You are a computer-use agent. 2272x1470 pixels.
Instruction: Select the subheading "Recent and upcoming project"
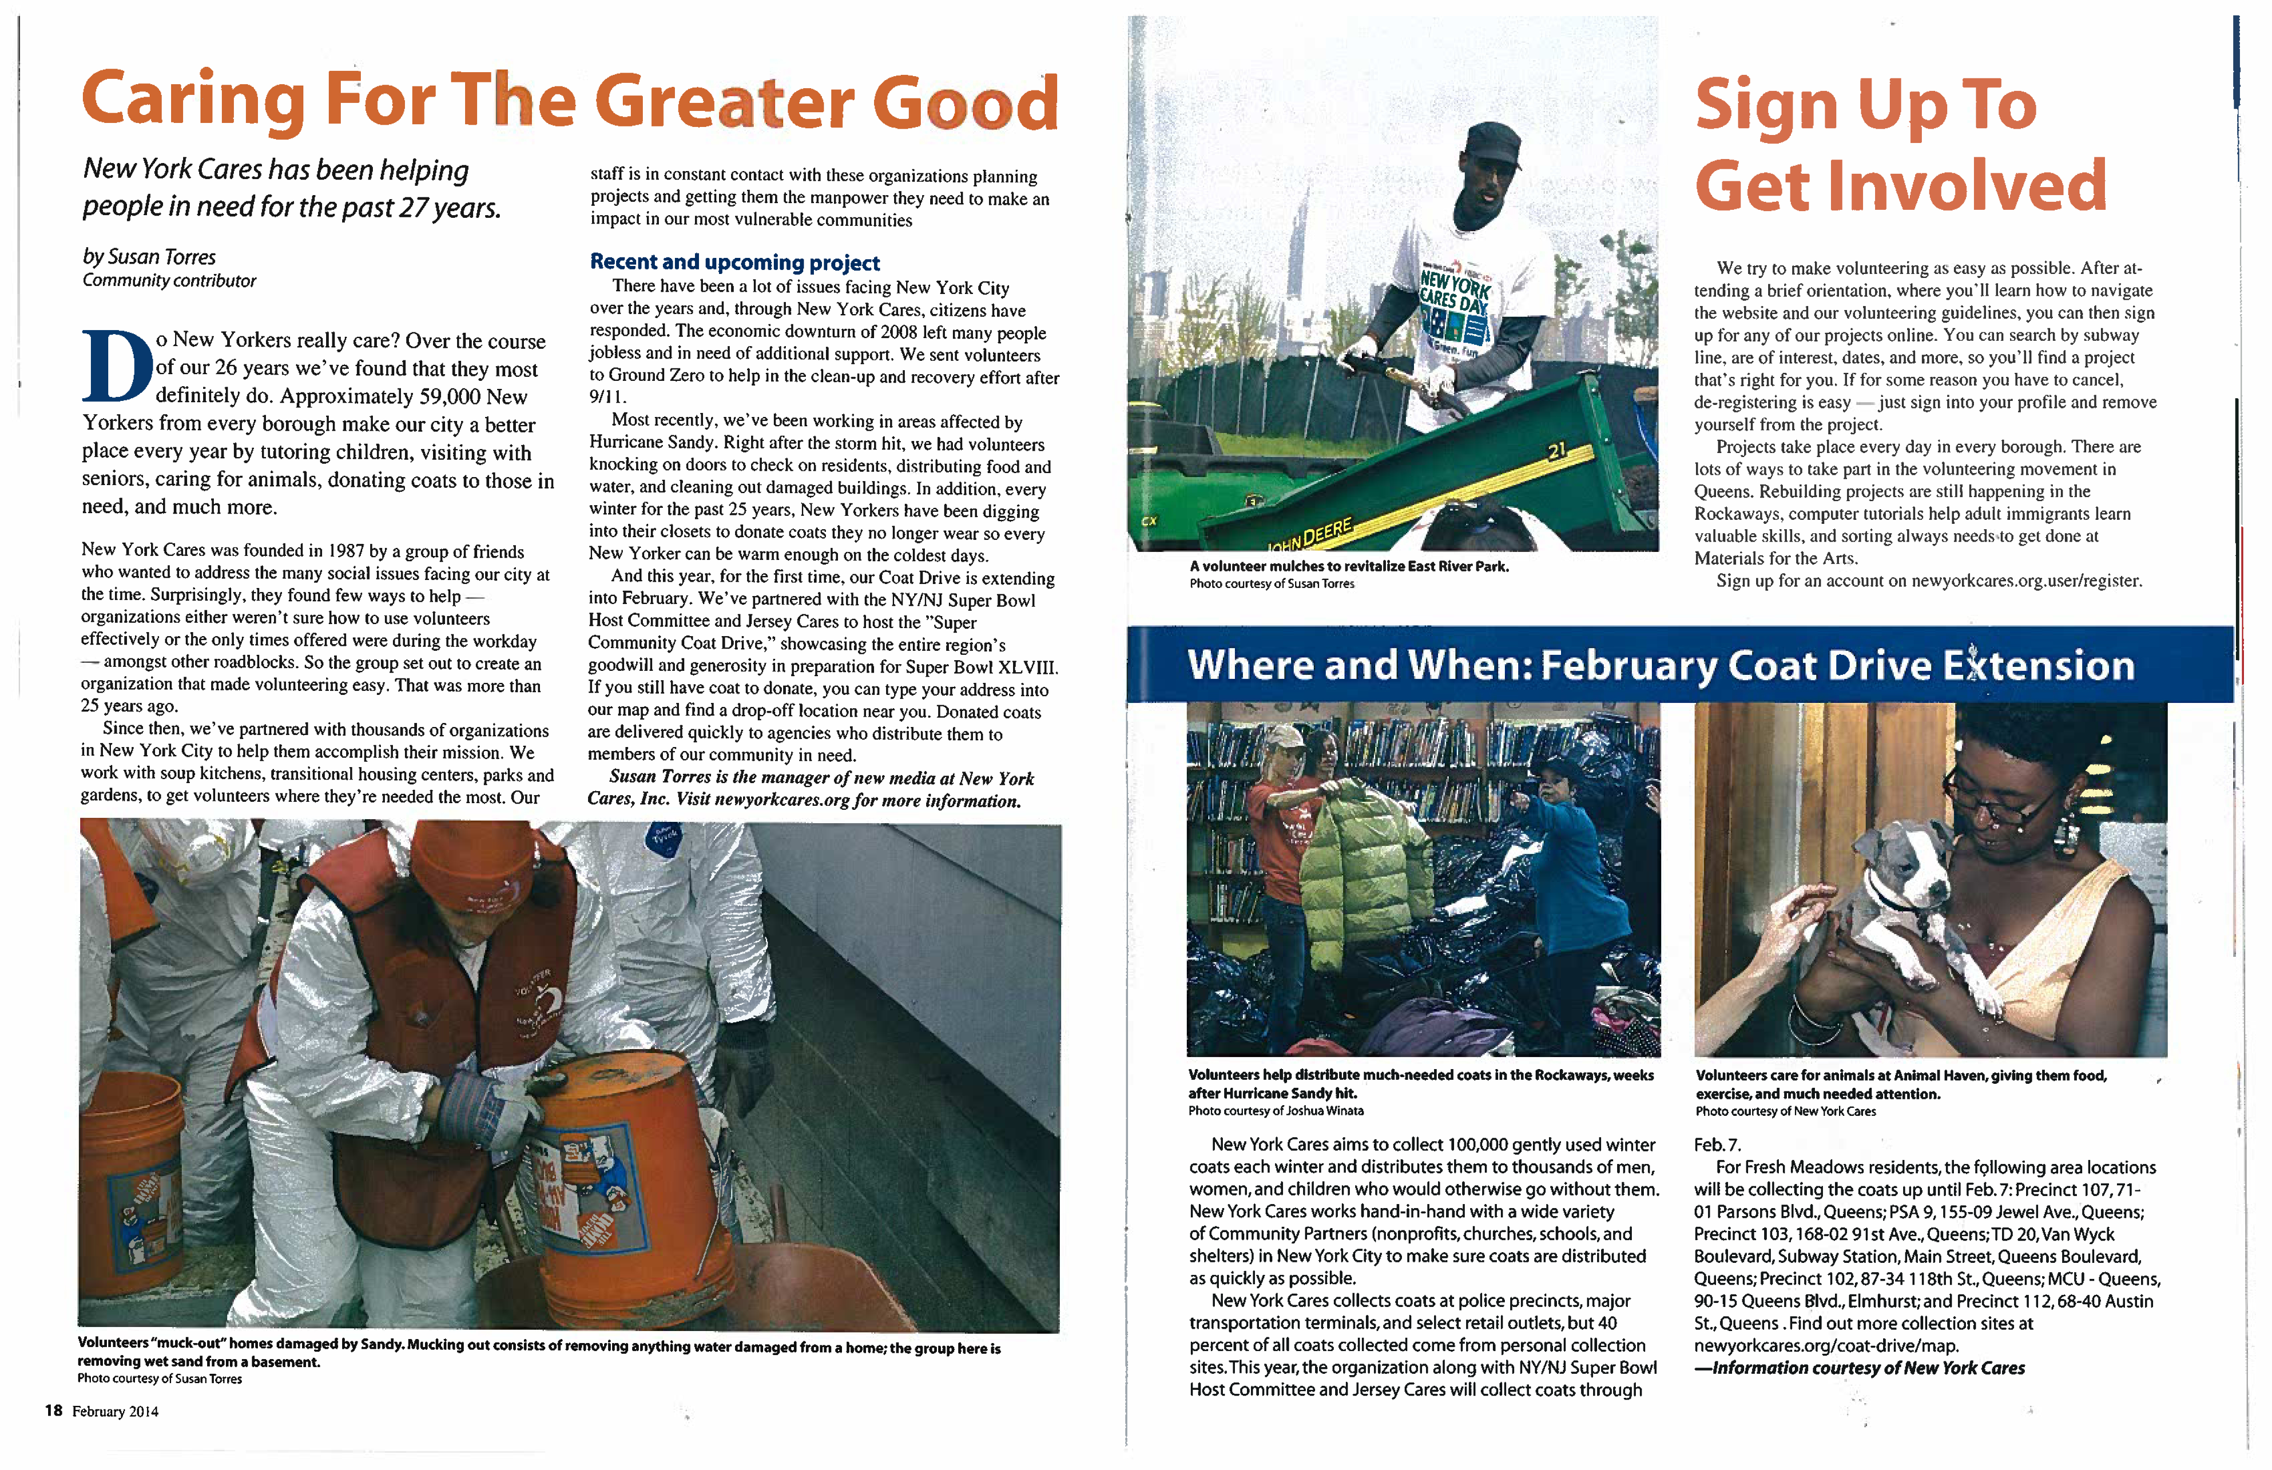(734, 262)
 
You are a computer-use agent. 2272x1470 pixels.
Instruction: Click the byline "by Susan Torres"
(149, 257)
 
